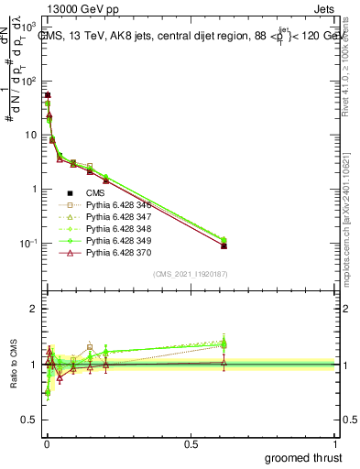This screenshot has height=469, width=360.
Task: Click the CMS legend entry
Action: pos(96,192)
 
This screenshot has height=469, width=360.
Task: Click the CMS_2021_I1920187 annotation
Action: pos(191,275)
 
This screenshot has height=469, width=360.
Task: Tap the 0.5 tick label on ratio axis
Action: pos(28,420)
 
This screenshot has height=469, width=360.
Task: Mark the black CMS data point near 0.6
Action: pos(224,246)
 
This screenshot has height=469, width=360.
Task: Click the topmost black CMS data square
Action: pos(47,95)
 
